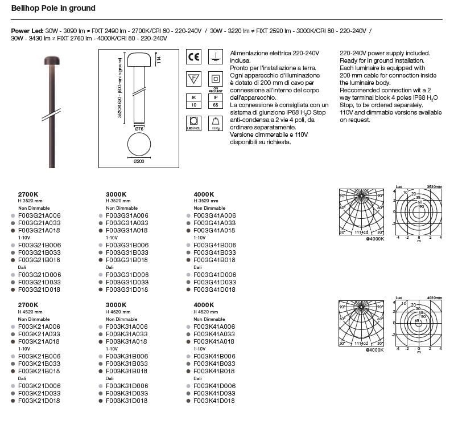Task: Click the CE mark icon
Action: click(x=194, y=56)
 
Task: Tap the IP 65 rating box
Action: click(x=216, y=101)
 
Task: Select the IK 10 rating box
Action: click(x=193, y=101)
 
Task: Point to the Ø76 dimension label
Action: click(x=138, y=129)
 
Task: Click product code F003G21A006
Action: click(x=39, y=216)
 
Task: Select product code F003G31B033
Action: click(x=127, y=252)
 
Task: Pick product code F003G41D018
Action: click(x=214, y=290)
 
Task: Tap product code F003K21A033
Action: click(x=39, y=334)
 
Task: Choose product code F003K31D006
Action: click(x=127, y=386)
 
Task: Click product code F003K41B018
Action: click(x=214, y=370)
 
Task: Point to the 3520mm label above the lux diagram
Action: click(x=434, y=187)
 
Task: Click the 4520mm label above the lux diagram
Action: click(x=434, y=298)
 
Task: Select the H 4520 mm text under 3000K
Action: click(x=118, y=312)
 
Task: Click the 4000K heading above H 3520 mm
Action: click(x=204, y=194)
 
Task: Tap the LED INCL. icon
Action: click(x=193, y=123)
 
